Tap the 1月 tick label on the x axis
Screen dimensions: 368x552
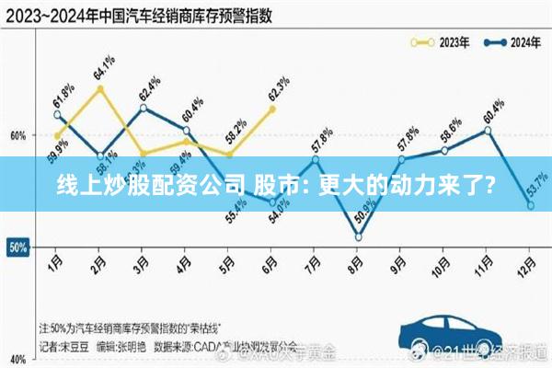(x=57, y=260)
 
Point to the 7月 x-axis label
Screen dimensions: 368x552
(x=315, y=260)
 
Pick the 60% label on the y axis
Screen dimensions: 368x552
(x=17, y=135)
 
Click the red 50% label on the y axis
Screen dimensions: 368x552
(x=17, y=247)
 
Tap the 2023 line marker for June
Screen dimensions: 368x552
(x=272, y=109)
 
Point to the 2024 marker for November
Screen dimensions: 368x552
(x=488, y=130)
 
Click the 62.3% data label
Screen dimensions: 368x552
(x=277, y=88)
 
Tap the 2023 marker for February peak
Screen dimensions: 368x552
(x=100, y=88)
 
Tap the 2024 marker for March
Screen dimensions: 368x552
(x=144, y=108)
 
